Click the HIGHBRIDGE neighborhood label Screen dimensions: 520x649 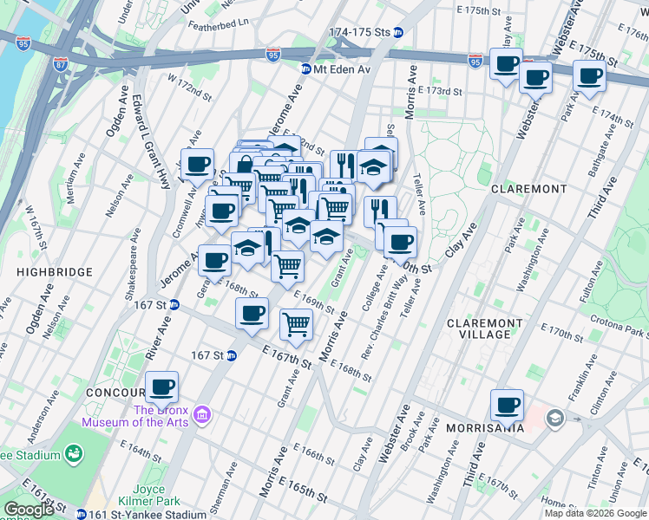click(x=54, y=272)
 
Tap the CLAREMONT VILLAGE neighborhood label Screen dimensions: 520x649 click(x=484, y=328)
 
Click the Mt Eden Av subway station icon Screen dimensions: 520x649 click(x=306, y=69)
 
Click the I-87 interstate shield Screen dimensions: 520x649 click(x=60, y=65)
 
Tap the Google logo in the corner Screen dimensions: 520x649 click(x=29, y=510)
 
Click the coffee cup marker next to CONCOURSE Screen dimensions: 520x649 click(x=161, y=387)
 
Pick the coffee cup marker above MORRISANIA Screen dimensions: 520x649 click(x=507, y=405)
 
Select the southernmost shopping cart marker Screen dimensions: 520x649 click(x=297, y=324)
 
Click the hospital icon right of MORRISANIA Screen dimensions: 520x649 click(x=554, y=419)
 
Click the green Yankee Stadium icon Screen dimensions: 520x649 click(x=75, y=454)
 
